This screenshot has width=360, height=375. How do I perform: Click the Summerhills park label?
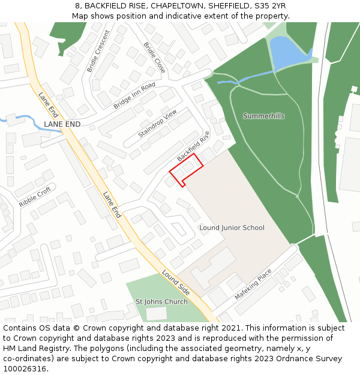point(263,116)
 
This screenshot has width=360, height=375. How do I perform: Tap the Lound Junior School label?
point(232,228)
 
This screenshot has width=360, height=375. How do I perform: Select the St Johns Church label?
point(161,301)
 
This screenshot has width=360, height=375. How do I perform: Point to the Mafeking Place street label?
point(253,284)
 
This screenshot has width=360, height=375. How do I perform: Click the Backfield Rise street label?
point(193,146)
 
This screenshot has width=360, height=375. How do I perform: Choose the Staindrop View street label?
point(157,124)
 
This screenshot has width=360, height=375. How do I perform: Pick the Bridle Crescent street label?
point(99,51)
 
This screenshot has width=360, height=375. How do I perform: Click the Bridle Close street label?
point(155,58)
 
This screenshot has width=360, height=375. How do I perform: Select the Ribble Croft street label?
point(35,197)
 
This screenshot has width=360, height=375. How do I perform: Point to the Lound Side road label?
point(176,283)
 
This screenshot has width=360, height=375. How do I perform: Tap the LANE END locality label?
point(62,124)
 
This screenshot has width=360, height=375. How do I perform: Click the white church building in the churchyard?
point(157,313)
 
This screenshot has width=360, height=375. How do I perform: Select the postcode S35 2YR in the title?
point(270,6)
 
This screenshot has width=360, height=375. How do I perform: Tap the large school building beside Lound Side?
point(213,266)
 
